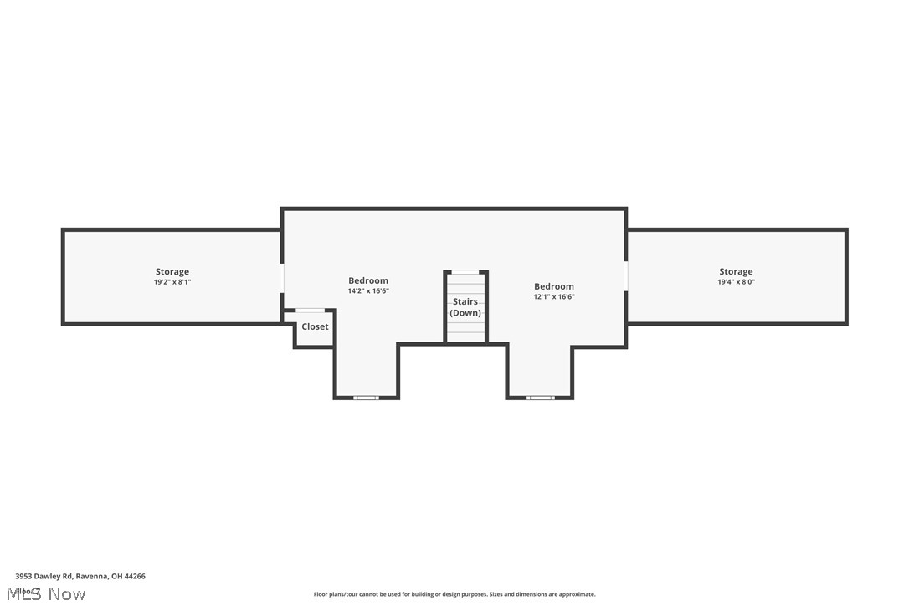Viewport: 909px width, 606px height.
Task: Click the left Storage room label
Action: pyautogui.click(x=172, y=271)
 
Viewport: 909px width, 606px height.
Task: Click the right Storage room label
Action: pyautogui.click(x=736, y=271)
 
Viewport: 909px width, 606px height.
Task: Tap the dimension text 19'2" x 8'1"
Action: pyautogui.click(x=172, y=282)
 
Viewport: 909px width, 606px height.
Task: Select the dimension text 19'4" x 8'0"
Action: pyautogui.click(x=736, y=282)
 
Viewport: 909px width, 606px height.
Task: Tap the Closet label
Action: pyautogui.click(x=315, y=326)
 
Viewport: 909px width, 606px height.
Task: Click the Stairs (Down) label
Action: pyautogui.click(x=465, y=306)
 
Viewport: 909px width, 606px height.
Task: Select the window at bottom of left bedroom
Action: pyautogui.click(x=366, y=398)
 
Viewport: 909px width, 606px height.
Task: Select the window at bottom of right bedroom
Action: pyautogui.click(x=540, y=398)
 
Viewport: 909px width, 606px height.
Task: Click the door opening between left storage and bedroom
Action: pyautogui.click(x=282, y=278)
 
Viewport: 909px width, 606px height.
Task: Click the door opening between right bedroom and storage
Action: pyautogui.click(x=626, y=275)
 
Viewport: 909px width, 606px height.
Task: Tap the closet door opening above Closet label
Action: pyautogui.click(x=311, y=311)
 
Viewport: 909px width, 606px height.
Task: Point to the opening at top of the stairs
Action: pyautogui.click(x=465, y=271)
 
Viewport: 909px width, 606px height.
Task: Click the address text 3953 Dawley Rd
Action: pyautogui.click(x=44, y=576)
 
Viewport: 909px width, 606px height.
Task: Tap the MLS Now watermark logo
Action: pyautogui.click(x=46, y=593)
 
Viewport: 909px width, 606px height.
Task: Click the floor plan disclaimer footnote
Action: pyautogui.click(x=454, y=594)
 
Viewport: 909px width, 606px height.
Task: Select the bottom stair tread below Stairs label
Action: pyautogui.click(x=465, y=336)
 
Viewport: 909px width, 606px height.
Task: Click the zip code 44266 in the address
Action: pyautogui.click(x=135, y=576)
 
